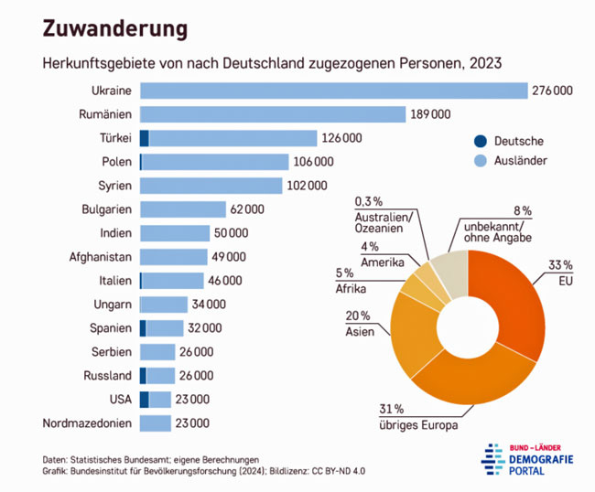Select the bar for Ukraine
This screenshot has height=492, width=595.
pyautogui.click(x=334, y=91)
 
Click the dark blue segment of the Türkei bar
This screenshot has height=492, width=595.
pyautogui.click(x=145, y=138)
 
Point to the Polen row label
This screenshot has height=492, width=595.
pyautogui.click(x=116, y=162)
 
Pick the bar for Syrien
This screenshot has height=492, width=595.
pyautogui.click(x=211, y=186)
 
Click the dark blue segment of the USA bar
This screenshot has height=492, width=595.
pyautogui.click(x=144, y=400)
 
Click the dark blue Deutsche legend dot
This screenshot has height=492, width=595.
pyautogui.click(x=479, y=141)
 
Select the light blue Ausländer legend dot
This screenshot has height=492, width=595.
pyautogui.click(x=479, y=161)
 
